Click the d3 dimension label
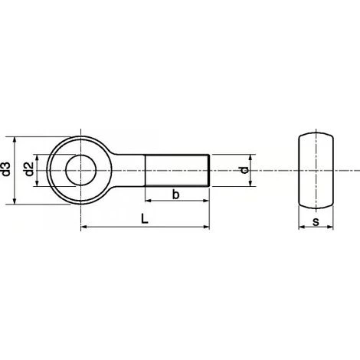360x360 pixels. click(x=6, y=169)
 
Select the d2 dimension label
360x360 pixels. click(x=29, y=169)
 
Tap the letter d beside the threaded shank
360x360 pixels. click(x=244, y=170)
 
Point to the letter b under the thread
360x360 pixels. click(x=175, y=195)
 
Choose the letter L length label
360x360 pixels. click(x=145, y=219)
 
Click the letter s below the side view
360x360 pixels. click(x=316, y=221)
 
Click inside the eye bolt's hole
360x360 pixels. click(x=80, y=170)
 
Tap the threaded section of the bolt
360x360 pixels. click(x=177, y=170)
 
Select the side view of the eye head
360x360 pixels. click(x=316, y=170)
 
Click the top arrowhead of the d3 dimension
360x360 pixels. click(x=15, y=139)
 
